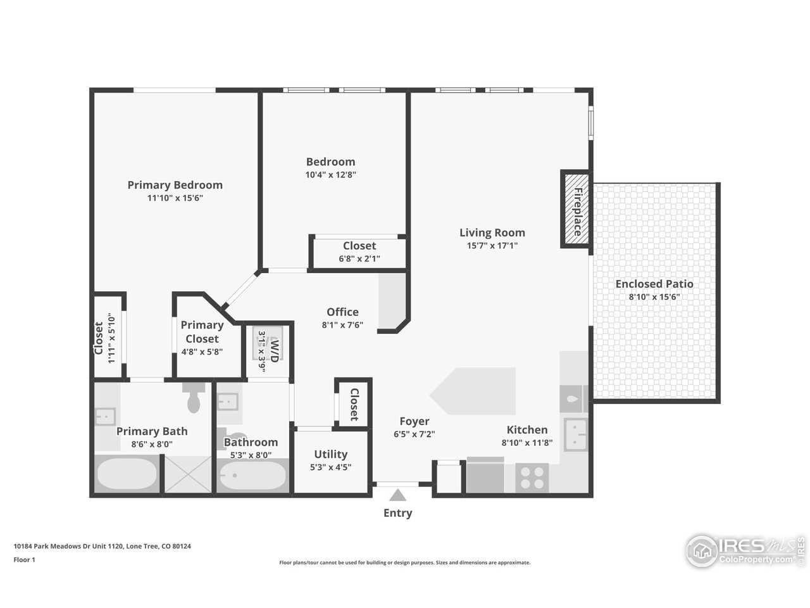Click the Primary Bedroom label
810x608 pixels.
(175, 185)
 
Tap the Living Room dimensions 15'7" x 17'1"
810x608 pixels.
(492, 246)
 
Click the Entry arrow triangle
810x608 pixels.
(397, 495)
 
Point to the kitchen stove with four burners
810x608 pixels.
(532, 478)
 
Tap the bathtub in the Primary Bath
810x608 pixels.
(126, 475)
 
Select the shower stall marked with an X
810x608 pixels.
(187, 474)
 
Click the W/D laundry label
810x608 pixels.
(274, 350)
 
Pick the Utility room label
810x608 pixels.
(331, 454)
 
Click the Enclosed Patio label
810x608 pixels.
(654, 284)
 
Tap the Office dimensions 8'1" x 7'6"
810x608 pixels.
(342, 325)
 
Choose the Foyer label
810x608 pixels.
(414, 421)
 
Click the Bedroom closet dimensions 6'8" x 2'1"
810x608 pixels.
(359, 258)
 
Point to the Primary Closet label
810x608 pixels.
(202, 331)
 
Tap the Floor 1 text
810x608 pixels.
(25, 559)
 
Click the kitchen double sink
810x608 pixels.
(576, 434)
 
